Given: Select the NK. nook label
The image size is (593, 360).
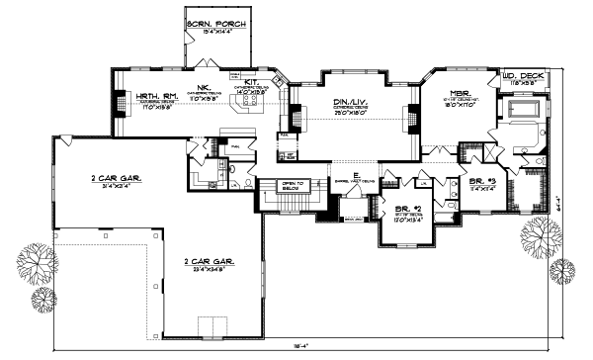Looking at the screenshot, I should click(x=206, y=86).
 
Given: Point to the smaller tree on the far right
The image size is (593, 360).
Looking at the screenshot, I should click(x=566, y=268).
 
